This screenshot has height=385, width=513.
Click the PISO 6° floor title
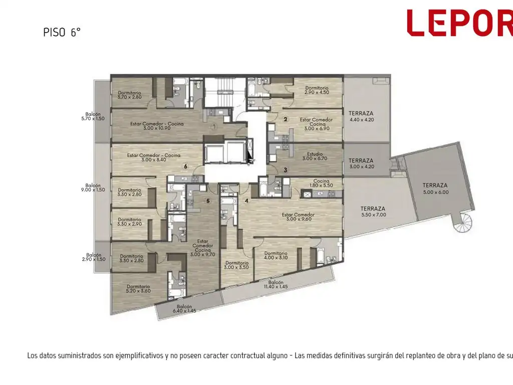62,33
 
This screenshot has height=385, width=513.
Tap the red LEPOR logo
459,23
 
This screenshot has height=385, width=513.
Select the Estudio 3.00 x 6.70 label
314,156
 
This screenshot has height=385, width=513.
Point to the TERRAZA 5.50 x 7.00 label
373,212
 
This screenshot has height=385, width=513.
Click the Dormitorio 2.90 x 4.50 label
317,90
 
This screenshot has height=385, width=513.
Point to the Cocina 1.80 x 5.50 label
321,183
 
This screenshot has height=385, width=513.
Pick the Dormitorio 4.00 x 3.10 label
276,255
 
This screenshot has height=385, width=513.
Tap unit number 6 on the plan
185,166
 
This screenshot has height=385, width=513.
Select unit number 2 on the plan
285,119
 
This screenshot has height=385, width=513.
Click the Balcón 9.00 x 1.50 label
93,187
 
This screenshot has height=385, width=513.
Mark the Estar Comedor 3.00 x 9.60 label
298,217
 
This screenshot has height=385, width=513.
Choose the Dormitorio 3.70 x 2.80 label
130,95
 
